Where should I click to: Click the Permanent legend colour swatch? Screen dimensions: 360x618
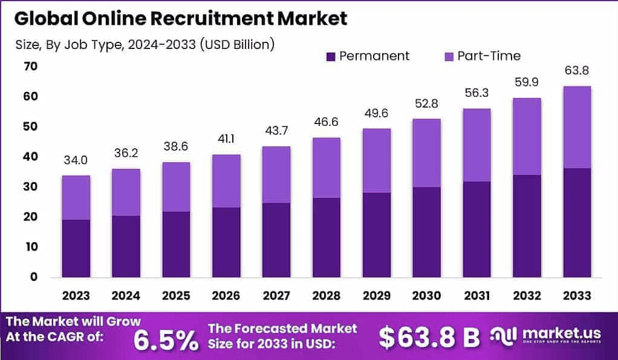331,56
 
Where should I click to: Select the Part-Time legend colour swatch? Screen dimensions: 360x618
449,56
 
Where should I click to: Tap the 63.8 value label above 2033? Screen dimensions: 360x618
576,71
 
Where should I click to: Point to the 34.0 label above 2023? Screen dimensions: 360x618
76,160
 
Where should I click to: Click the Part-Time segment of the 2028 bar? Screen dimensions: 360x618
326,168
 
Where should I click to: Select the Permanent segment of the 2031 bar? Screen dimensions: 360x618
477,229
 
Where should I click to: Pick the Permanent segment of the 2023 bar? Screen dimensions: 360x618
76,248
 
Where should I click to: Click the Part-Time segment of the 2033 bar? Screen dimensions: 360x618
576,127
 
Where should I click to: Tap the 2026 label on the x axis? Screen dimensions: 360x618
226,295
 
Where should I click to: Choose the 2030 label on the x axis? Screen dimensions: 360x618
426,295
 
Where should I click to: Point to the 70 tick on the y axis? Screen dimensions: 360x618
30,67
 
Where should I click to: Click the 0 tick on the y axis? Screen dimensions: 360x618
34,277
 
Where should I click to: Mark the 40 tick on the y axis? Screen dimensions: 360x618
30,157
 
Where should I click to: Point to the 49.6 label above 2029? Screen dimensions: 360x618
376,113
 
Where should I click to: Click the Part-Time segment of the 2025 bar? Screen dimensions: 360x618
176,186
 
